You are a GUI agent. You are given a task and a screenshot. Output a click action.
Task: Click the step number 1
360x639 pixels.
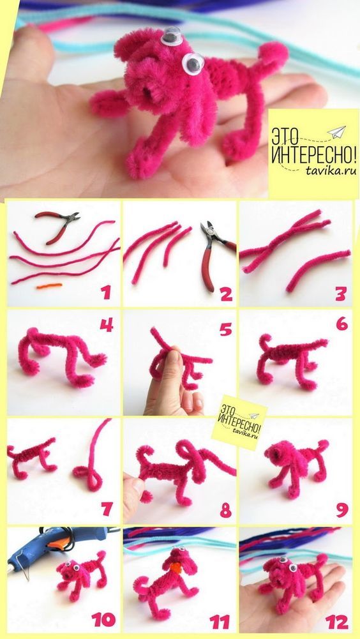click(106, 292)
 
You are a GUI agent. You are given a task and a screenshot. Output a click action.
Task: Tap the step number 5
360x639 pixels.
click(225, 329)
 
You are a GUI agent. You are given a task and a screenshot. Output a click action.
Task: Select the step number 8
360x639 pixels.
click(226, 510)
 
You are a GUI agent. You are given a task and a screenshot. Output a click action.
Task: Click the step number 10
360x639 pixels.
click(103, 620)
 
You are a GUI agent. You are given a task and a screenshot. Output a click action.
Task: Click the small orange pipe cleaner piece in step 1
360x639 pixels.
click(49, 286)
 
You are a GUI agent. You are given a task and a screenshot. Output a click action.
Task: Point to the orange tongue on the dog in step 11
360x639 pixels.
click(176, 568)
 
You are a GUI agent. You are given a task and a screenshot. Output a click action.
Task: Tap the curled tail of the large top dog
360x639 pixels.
click(273, 55)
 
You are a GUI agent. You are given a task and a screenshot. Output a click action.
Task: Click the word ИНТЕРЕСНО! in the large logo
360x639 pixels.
click(314, 154)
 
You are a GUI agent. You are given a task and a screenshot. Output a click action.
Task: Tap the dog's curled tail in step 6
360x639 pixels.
click(265, 342)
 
